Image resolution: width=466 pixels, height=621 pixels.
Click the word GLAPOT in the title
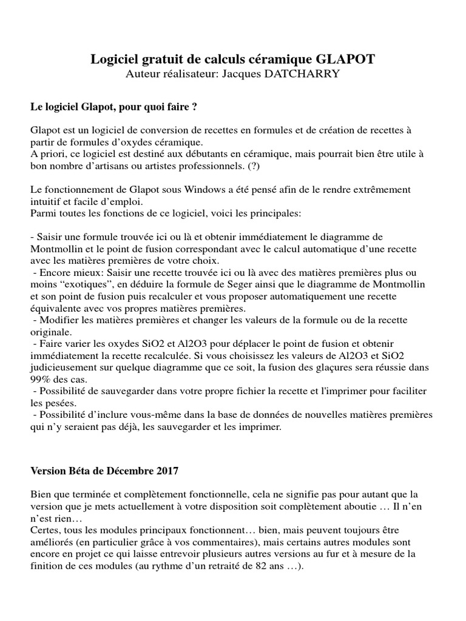pyautogui.click(x=349, y=59)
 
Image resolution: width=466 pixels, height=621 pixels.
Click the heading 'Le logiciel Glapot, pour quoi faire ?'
pyautogui.click(x=113, y=107)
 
